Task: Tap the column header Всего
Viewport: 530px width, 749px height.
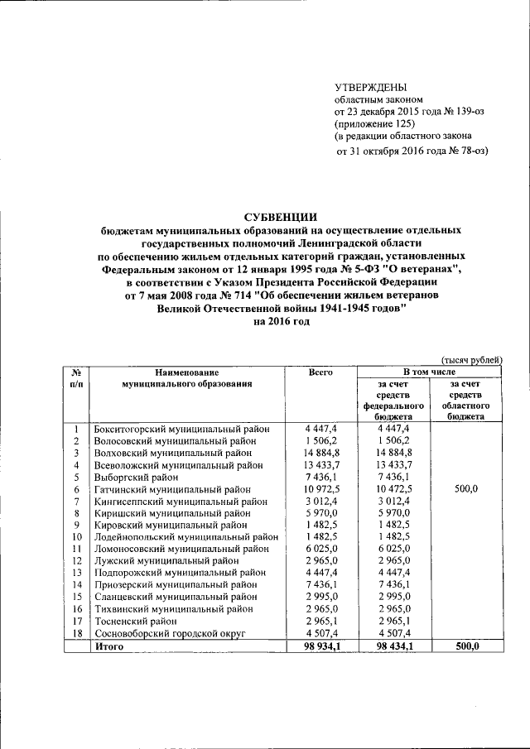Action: (320, 372)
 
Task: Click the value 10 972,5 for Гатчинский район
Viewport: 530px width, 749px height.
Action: (320, 489)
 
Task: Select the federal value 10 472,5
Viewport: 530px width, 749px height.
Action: (393, 489)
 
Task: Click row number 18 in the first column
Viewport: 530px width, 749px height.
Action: (75, 634)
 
